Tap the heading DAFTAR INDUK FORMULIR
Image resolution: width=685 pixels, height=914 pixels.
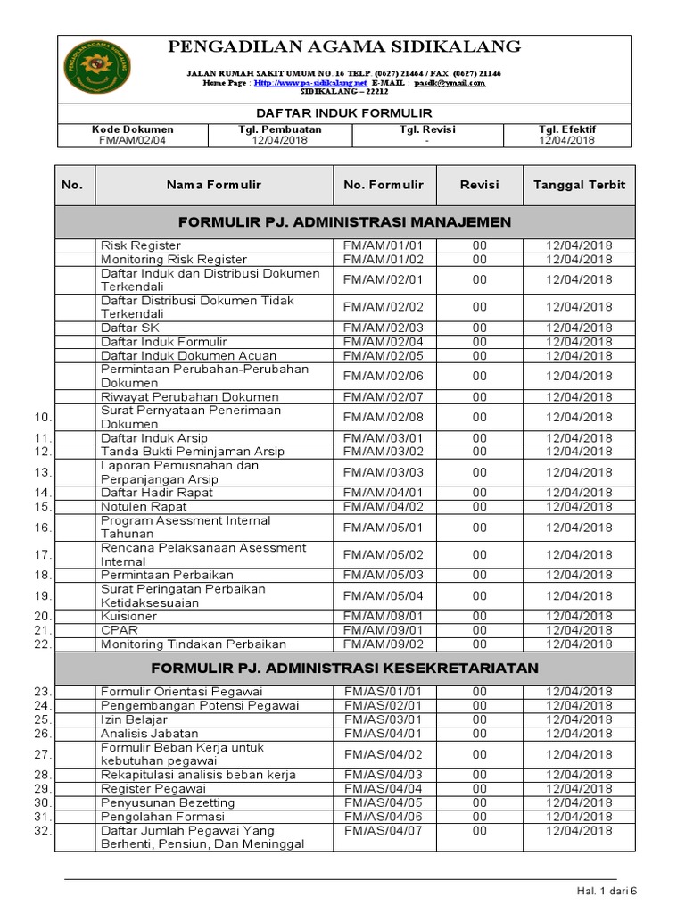point(344,113)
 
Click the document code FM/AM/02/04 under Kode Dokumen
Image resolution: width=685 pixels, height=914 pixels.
point(133,140)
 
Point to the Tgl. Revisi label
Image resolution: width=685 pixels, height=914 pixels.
point(428,129)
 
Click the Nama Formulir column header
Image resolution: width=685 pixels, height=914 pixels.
point(214,186)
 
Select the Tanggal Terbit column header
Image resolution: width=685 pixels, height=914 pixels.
point(579,186)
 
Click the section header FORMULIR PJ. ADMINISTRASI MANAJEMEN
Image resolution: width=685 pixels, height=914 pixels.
point(344,221)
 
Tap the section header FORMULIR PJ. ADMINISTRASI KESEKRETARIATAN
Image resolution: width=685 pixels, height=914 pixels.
point(344,668)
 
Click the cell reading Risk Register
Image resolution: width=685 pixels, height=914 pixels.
point(141,245)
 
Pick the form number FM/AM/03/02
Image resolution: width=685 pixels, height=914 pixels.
point(384,452)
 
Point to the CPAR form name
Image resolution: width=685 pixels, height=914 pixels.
point(119,630)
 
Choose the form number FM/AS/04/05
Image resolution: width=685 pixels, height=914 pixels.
point(384,803)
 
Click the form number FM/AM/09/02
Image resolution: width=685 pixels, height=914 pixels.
point(384,644)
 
